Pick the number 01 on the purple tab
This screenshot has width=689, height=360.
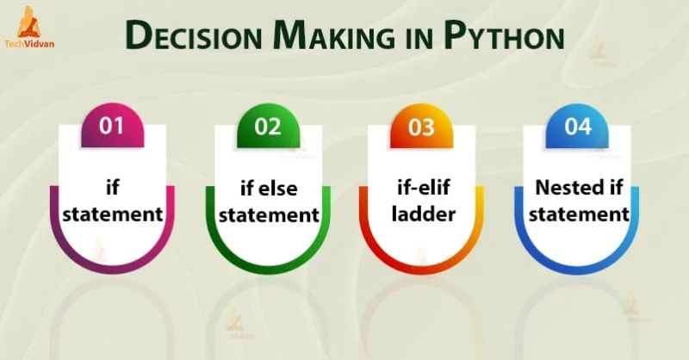(112, 127)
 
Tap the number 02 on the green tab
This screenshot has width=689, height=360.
(268, 127)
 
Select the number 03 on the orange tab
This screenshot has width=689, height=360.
(422, 127)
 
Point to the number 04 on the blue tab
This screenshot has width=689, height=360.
(578, 127)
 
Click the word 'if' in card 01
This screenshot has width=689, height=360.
(112, 186)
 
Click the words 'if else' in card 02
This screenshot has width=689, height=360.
(268, 186)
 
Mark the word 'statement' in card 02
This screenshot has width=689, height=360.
(268, 214)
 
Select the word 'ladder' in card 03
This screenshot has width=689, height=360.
(422, 213)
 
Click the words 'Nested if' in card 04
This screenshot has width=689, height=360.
(578, 186)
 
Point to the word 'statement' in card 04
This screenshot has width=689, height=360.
(578, 214)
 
